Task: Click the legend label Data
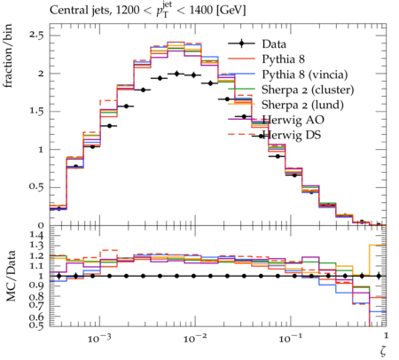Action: pyautogui.click(x=274, y=44)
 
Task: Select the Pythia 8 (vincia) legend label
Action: pyautogui.click(x=305, y=74)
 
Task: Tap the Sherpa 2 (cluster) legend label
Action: pyautogui.click(x=308, y=90)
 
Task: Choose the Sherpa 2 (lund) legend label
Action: pyautogui.click(x=302, y=105)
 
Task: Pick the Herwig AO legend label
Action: pyautogui.click(x=293, y=120)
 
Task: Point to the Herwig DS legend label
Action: pyautogui.click(x=292, y=135)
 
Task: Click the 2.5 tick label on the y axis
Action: pyautogui.click(x=36, y=35)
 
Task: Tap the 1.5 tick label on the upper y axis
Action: pyautogui.click(x=36, y=112)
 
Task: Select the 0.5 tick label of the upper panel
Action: pyautogui.click(x=36, y=187)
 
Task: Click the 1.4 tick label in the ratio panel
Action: pyautogui.click(x=36, y=236)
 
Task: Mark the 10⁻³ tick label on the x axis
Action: pyautogui.click(x=98, y=339)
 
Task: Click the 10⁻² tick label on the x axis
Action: pyautogui.click(x=194, y=339)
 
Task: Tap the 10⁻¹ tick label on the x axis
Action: pyautogui.click(x=290, y=339)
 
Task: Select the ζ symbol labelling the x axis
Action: pyautogui.click(x=383, y=350)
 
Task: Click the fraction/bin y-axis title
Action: pyautogui.click(x=8, y=56)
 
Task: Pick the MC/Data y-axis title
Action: pyautogui.click(x=11, y=276)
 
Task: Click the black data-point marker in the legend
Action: pyautogui.click(x=241, y=44)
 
